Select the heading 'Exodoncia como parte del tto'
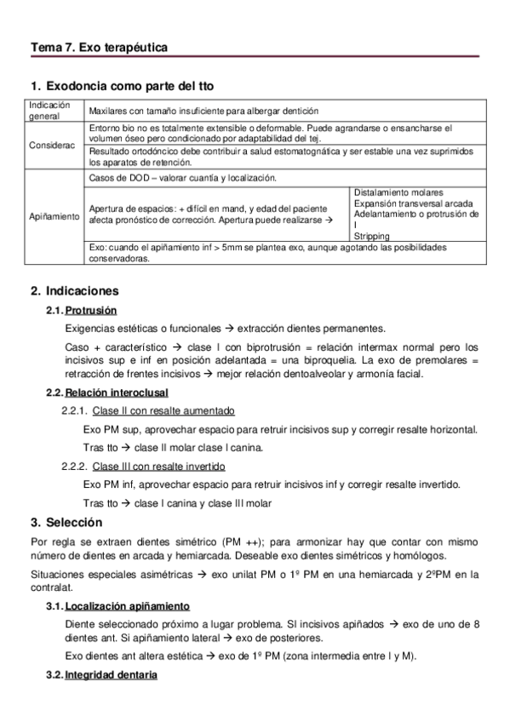click(129, 86)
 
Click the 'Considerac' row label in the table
click(52, 145)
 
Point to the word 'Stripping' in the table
click(371, 236)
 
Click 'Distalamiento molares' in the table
click(397, 192)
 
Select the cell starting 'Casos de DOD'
click(182, 178)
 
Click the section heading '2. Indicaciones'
click(75, 290)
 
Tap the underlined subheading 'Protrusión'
click(91, 310)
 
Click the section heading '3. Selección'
click(66, 522)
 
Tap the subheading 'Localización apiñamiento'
click(127, 606)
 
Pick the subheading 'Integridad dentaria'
click(111, 675)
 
